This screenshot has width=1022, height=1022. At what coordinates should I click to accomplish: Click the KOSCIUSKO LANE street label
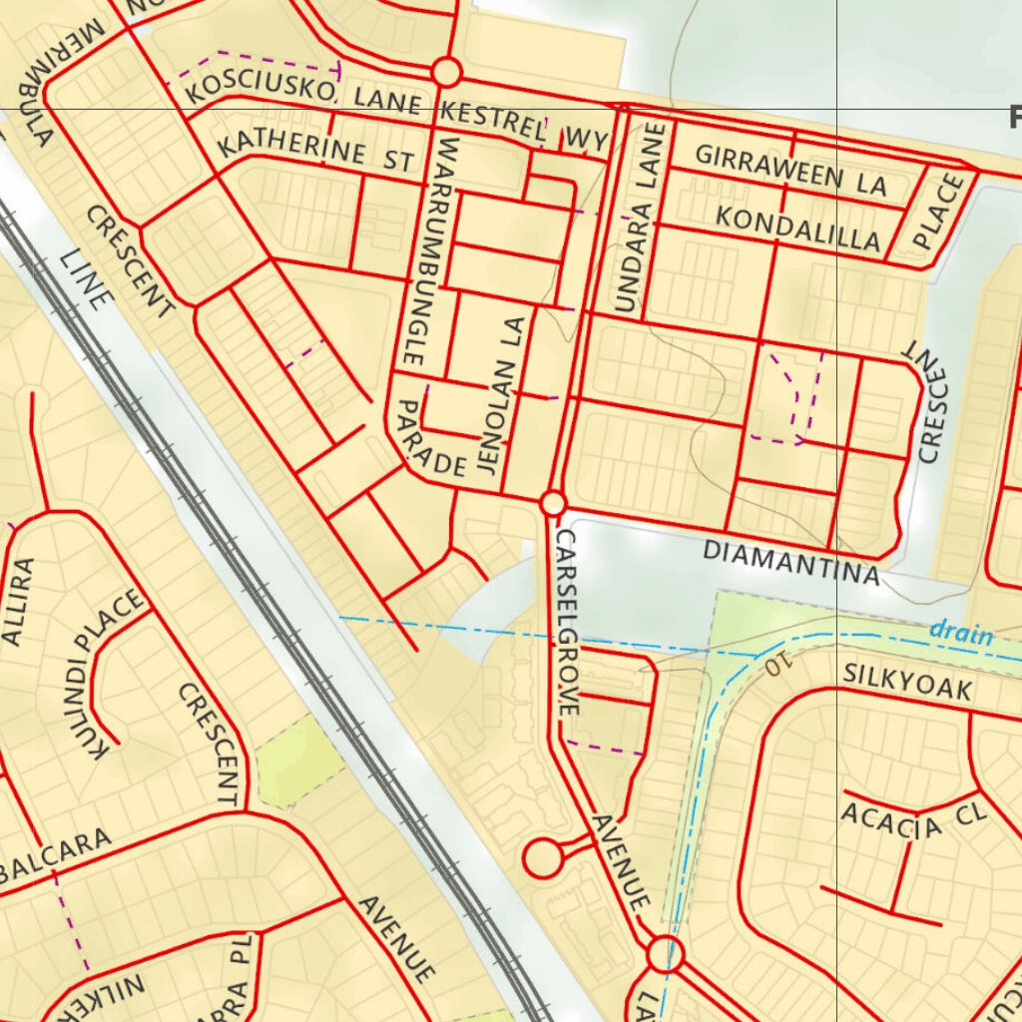coord(305,94)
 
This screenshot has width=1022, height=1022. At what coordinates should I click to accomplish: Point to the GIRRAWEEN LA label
coord(790,170)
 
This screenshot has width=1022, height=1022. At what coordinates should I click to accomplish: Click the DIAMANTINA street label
coord(791,562)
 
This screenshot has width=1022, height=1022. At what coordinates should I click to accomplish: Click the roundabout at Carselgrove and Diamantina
coord(553,503)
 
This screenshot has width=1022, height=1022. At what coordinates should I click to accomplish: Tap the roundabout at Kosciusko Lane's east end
coord(446,73)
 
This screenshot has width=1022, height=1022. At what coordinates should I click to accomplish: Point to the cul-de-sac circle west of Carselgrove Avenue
coord(543,858)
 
